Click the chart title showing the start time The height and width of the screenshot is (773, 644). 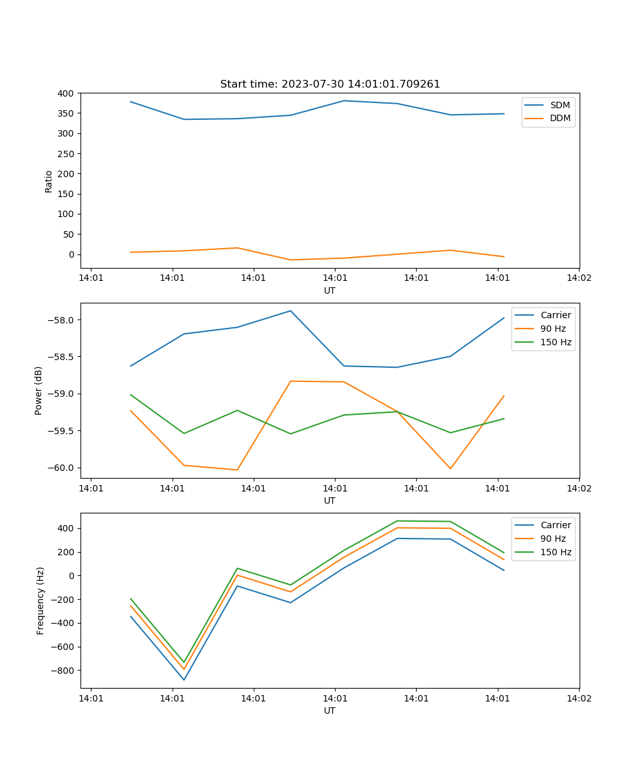(x=330, y=84)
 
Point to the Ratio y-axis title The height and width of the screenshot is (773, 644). (x=48, y=181)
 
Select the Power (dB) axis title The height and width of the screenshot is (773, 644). (x=39, y=390)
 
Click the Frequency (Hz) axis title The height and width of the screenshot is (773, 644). (x=40, y=600)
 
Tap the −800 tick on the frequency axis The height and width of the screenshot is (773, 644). (x=62, y=671)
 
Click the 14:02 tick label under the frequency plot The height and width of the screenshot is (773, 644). (x=578, y=698)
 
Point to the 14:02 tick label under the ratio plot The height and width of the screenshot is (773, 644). (x=578, y=278)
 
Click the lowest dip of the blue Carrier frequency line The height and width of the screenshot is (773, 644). (x=184, y=680)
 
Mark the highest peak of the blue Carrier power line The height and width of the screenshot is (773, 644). (x=290, y=311)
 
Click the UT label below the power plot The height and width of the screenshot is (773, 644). (x=330, y=501)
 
